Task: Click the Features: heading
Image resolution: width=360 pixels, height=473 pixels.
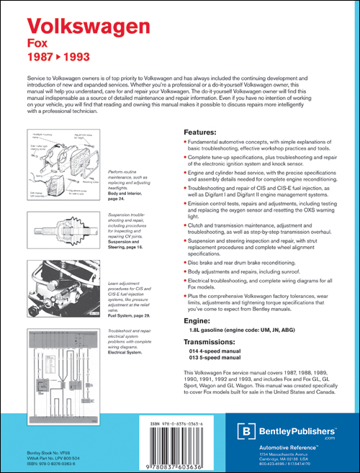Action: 197,132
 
